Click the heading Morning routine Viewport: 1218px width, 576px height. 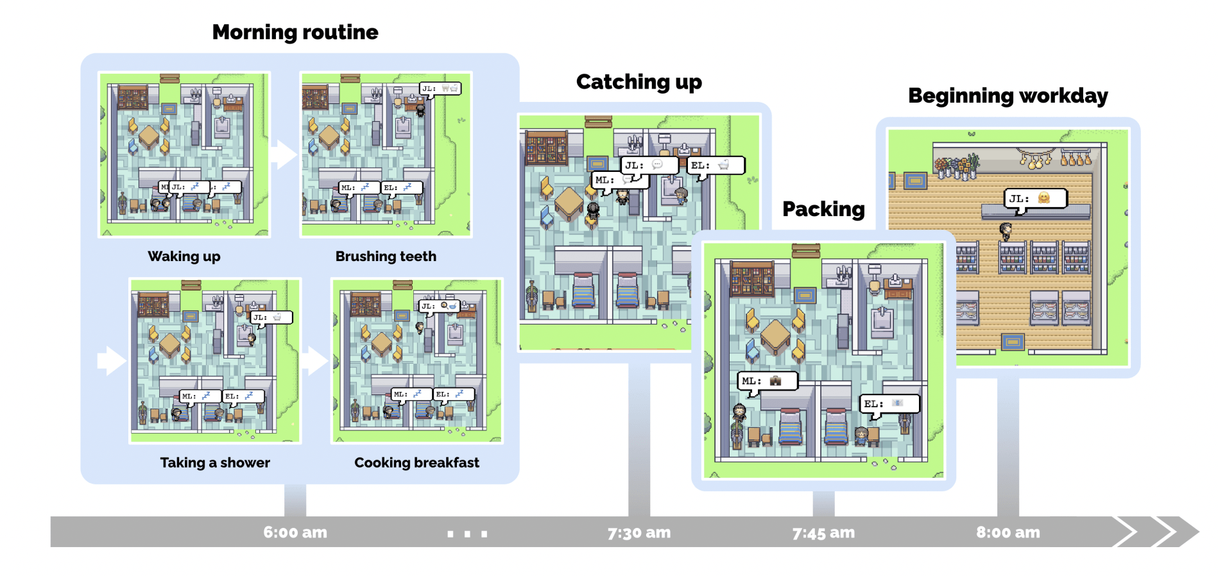click(x=295, y=32)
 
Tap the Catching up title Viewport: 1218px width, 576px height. click(x=639, y=82)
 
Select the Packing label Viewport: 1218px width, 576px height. click(x=823, y=209)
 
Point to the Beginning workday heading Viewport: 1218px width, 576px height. click(x=1008, y=96)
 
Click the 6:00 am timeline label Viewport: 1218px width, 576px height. click(x=295, y=532)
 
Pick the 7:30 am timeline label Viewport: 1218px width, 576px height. click(x=639, y=532)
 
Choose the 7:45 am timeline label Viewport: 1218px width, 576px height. click(x=823, y=532)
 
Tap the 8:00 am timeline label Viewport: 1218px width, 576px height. click(x=1008, y=532)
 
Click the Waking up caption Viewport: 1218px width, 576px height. click(x=184, y=257)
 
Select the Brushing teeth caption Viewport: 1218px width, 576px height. click(x=386, y=257)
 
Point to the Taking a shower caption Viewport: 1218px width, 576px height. click(x=215, y=462)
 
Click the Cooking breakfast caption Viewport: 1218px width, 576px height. click(x=416, y=462)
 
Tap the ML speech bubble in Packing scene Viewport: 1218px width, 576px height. click(x=767, y=381)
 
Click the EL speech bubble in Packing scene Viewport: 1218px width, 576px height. click(x=889, y=403)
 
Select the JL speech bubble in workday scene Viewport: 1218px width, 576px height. click(x=1035, y=199)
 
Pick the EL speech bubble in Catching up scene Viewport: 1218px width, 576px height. click(x=716, y=165)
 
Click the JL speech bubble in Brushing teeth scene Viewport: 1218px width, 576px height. click(x=440, y=89)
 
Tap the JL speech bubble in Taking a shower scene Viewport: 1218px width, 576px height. click(x=271, y=318)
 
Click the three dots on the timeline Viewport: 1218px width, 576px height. click(x=467, y=534)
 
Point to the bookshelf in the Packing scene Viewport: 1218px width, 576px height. click(x=751, y=280)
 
